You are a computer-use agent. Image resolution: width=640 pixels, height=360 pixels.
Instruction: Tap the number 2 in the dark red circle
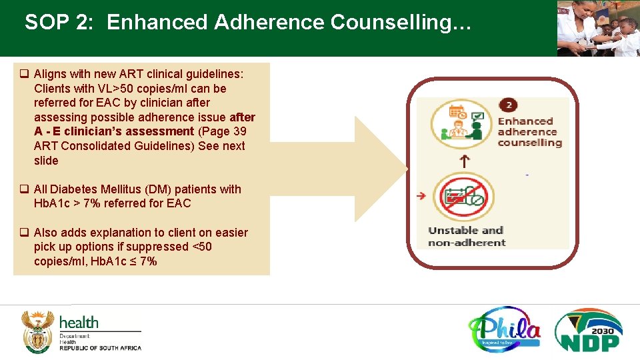[509, 105]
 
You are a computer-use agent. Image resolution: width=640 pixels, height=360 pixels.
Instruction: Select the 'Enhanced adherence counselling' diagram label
[530, 131]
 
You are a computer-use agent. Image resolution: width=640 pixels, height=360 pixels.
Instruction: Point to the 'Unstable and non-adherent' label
[466, 237]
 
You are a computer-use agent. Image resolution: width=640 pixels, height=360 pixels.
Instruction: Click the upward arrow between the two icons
[463, 160]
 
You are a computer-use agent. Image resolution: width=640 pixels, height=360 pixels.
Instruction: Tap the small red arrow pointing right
[421, 196]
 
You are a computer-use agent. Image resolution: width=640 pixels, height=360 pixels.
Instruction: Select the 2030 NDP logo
[589, 329]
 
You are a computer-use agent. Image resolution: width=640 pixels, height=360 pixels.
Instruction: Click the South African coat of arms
[37, 331]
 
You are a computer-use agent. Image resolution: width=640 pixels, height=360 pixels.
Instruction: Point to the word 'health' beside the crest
[79, 323]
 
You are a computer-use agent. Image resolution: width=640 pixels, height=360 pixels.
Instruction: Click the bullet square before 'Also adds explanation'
[23, 233]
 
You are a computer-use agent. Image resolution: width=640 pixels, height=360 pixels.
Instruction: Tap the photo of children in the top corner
[598, 28]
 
